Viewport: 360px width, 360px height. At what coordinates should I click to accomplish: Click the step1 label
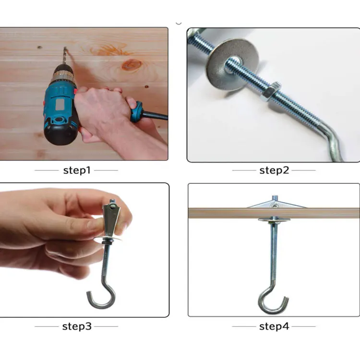click(x=76, y=170)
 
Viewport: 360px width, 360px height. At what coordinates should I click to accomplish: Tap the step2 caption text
click(x=274, y=170)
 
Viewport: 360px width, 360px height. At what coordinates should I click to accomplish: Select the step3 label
click(x=76, y=326)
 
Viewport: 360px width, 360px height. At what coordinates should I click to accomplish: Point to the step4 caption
click(x=274, y=326)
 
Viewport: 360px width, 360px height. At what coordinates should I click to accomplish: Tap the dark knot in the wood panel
click(x=132, y=65)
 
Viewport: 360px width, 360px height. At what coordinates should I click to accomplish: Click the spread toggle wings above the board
click(x=276, y=204)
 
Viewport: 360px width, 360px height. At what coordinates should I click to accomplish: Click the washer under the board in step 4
click(x=274, y=220)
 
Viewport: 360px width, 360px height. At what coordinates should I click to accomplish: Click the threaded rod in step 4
click(x=274, y=250)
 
